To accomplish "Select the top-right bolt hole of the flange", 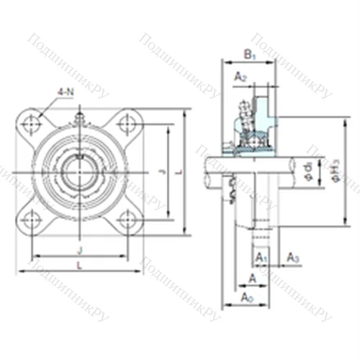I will point(129,124).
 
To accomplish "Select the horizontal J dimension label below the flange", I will point(79,251).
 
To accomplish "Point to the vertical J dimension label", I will point(162,171).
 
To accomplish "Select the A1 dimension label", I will point(261,257).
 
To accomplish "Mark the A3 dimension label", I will point(292,257).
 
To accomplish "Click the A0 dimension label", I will point(247,297).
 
